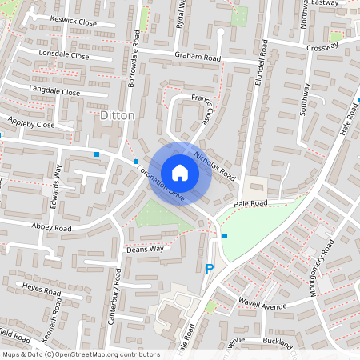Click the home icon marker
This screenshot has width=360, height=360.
(180, 172)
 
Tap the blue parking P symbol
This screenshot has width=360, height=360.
(210, 270)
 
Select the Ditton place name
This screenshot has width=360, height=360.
(119, 115)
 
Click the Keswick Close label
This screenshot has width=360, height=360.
(73, 23)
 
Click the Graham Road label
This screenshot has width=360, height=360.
(198, 57)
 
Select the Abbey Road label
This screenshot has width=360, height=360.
(51, 228)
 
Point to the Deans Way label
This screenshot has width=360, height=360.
(145, 249)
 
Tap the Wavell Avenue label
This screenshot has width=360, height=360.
(262, 305)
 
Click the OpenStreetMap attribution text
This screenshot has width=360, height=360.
(81, 354)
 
